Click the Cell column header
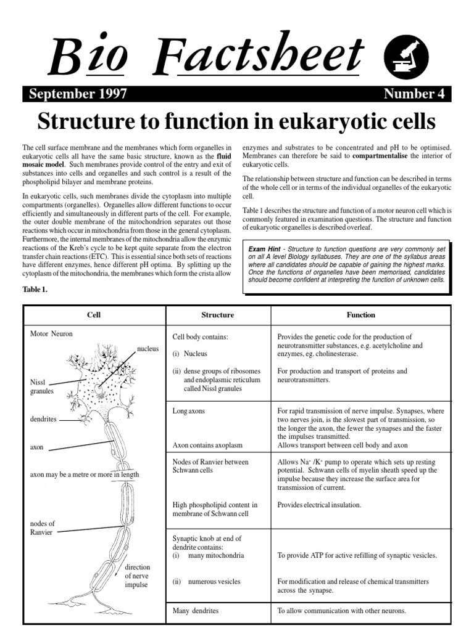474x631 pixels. click(94, 315)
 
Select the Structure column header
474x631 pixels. click(218, 315)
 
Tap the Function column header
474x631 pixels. click(360, 315)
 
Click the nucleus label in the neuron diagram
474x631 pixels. click(148, 349)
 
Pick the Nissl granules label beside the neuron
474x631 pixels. click(42, 386)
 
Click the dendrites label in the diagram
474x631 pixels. click(43, 419)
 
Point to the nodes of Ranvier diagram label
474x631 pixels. click(43, 528)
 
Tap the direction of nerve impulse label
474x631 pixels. click(136, 576)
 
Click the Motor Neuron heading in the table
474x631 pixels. click(52, 334)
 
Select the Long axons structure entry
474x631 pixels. click(189, 410)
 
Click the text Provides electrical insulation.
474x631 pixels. click(319, 505)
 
